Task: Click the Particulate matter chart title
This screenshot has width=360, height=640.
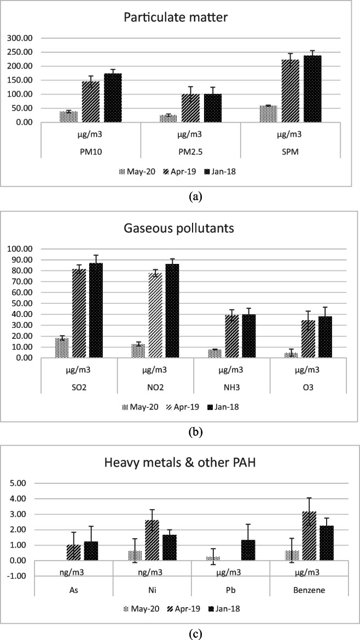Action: coord(179,18)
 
